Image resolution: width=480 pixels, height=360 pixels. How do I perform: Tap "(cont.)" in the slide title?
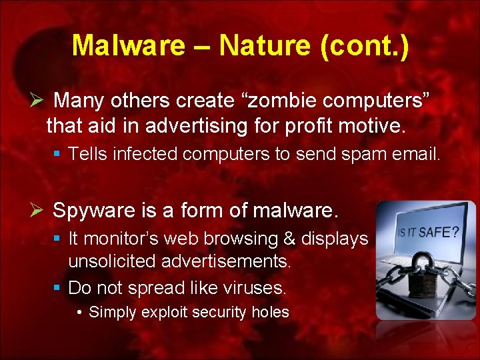point(367,45)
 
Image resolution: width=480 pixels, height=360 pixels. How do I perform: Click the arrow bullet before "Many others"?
point(37,101)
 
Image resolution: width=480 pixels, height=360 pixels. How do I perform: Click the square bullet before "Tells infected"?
point(58,155)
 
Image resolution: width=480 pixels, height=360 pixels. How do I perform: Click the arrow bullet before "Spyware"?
point(37,211)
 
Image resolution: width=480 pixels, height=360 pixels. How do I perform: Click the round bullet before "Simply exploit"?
point(79,312)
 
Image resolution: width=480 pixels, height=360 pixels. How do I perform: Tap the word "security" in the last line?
point(215,312)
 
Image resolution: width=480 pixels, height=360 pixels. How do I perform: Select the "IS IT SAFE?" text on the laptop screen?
point(428,233)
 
